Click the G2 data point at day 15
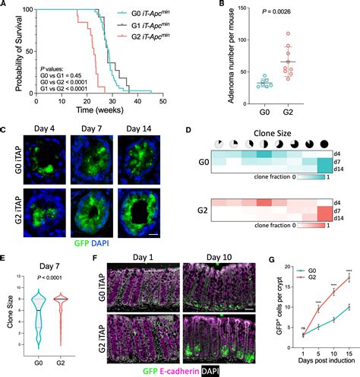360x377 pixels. click(x=349, y=297)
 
